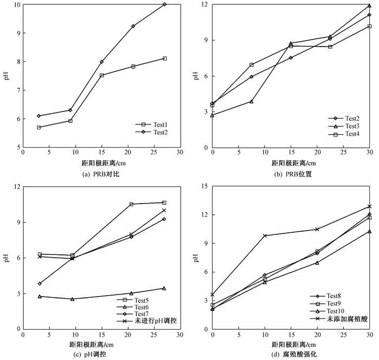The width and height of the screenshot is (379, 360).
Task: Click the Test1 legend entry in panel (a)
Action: (x=151, y=125)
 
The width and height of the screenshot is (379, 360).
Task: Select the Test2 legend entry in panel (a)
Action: (x=151, y=132)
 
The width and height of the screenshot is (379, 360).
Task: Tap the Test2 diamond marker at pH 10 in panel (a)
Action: (x=165, y=4)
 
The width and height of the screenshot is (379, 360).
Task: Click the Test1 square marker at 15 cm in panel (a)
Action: (x=102, y=75)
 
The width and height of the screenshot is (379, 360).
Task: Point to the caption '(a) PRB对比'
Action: (x=101, y=174)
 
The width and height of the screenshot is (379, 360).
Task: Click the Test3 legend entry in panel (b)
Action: (x=344, y=126)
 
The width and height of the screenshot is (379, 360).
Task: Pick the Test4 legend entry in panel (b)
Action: (x=344, y=134)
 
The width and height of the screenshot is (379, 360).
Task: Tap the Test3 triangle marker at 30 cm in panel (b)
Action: (x=369, y=5)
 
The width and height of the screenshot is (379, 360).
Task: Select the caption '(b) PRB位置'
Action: (x=293, y=174)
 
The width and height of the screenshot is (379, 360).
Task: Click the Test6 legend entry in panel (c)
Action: (x=133, y=307)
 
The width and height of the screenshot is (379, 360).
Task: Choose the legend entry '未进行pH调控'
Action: (x=147, y=321)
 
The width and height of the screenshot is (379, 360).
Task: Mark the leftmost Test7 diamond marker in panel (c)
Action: (x=40, y=284)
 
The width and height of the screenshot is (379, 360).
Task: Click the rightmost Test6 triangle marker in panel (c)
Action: (x=164, y=288)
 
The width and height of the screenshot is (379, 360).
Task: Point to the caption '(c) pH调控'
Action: (x=89, y=355)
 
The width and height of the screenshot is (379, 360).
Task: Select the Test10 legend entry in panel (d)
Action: (x=327, y=311)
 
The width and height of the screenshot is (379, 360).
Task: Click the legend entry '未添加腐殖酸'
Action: (x=339, y=319)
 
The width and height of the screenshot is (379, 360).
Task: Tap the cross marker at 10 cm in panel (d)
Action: (x=265, y=235)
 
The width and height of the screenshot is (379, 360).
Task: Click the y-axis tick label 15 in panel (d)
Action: (x=205, y=186)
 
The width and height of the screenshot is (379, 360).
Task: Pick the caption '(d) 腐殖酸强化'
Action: (x=294, y=355)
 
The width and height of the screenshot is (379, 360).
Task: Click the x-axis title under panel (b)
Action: (x=293, y=163)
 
